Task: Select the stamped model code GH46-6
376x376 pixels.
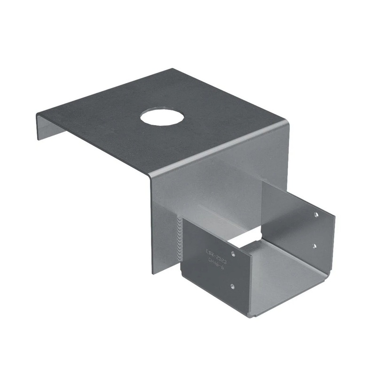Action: (x=218, y=265)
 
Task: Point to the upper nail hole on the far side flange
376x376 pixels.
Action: (x=316, y=214)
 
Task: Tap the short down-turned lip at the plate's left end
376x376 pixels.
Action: (x=47, y=126)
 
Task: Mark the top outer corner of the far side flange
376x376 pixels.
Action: (x=335, y=217)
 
